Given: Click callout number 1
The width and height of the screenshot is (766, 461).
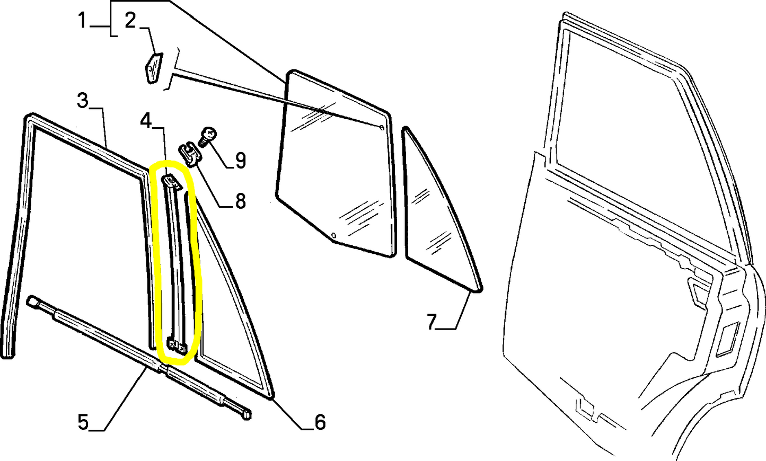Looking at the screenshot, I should (82, 21).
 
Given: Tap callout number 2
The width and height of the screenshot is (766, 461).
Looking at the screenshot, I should (130, 21).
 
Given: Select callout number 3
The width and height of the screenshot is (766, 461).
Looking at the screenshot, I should (82, 100).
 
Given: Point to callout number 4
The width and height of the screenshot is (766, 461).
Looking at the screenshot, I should (146, 121).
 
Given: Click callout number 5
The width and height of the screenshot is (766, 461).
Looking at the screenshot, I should (83, 422).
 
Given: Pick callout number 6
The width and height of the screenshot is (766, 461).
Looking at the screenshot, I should (320, 422).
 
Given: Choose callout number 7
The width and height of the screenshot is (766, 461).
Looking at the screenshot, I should (432, 322).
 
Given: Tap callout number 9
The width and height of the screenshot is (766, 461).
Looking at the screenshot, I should (240, 159).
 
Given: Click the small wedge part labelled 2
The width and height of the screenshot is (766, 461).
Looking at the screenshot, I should (153, 67).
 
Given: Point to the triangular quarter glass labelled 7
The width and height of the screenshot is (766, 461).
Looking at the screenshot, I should (437, 217).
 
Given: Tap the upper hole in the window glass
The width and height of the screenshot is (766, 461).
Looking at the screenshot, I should (382, 127).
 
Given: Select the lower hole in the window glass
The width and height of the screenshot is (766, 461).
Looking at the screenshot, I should (333, 235).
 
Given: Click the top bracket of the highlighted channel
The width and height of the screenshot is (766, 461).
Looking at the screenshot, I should (171, 182).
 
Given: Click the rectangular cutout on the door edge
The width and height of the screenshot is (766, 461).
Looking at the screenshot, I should (725, 339).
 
